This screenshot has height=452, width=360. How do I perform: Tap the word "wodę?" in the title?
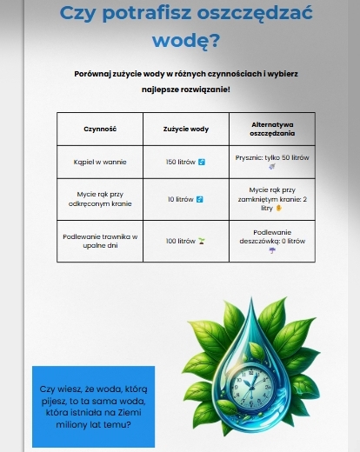click(x=185, y=40)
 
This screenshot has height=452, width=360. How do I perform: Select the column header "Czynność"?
click(x=100, y=129)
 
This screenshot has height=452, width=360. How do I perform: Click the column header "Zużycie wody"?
click(x=185, y=129)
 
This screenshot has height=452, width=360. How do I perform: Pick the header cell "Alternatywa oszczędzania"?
click(x=272, y=129)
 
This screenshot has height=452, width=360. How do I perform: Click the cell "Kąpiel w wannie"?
click(x=100, y=162)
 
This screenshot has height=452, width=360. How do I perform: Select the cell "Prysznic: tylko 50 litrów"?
click(x=272, y=162)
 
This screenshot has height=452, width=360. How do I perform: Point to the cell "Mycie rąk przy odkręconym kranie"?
click(x=100, y=199)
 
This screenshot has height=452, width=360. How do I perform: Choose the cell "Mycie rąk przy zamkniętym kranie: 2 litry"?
click(x=272, y=199)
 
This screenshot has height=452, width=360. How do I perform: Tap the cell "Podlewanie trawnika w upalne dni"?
click(x=100, y=240)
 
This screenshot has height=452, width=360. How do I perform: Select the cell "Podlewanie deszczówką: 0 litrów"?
click(x=272, y=240)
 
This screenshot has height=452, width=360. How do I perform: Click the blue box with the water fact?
click(x=93, y=406)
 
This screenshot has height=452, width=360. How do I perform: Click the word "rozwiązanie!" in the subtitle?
click(x=205, y=90)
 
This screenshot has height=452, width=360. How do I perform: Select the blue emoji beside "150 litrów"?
click(x=201, y=162)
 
